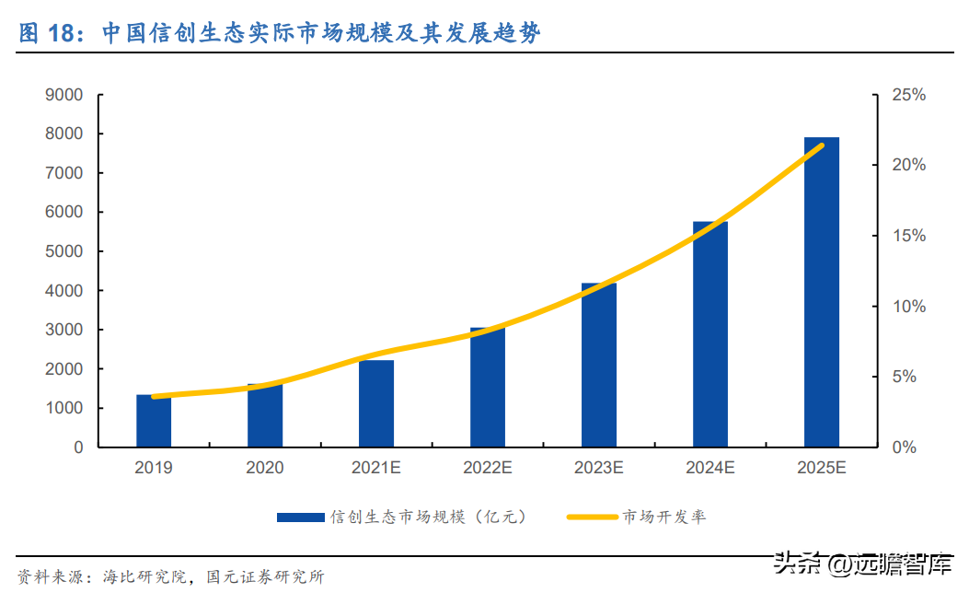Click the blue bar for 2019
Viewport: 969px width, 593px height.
154,421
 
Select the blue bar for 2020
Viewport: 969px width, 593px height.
265,415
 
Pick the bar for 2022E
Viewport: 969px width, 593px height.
488,387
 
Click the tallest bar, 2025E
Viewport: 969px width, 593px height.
822,292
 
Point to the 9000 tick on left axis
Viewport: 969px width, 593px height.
63,95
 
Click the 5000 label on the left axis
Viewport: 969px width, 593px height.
63,251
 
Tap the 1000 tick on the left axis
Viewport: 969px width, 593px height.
63,408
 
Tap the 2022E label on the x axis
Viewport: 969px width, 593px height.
488,469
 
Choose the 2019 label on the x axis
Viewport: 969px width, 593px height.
154,469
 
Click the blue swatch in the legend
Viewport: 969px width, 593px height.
300,517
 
